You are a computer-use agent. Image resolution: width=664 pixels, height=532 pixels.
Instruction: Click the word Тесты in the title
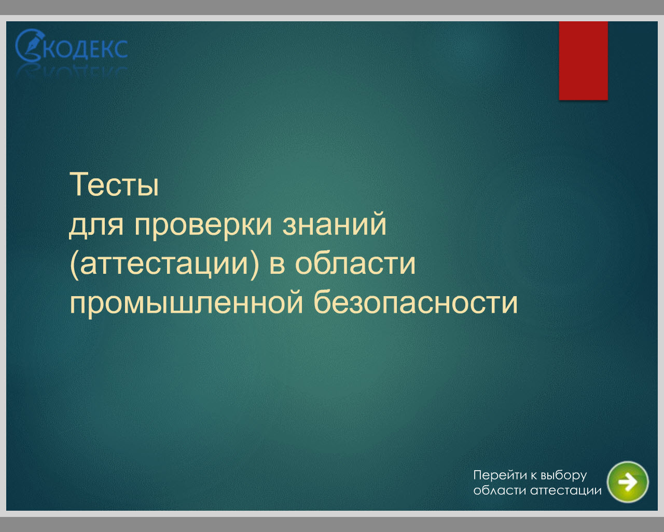(x=114, y=184)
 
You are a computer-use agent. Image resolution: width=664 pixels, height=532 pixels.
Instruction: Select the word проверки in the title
(x=203, y=225)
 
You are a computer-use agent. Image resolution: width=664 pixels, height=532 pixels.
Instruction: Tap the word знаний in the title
(x=334, y=224)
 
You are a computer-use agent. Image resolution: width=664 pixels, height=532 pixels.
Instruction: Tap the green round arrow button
(x=628, y=482)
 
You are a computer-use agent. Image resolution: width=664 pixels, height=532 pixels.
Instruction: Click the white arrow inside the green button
(x=628, y=482)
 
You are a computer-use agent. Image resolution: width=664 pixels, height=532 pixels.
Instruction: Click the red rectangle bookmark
(x=584, y=61)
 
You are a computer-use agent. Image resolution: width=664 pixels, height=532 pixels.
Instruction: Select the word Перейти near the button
(x=500, y=475)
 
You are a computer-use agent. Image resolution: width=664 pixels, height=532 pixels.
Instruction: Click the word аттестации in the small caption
(x=566, y=491)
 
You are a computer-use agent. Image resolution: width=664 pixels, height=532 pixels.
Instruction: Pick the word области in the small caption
(x=500, y=490)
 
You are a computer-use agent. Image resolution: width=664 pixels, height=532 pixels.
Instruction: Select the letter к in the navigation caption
(x=534, y=476)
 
